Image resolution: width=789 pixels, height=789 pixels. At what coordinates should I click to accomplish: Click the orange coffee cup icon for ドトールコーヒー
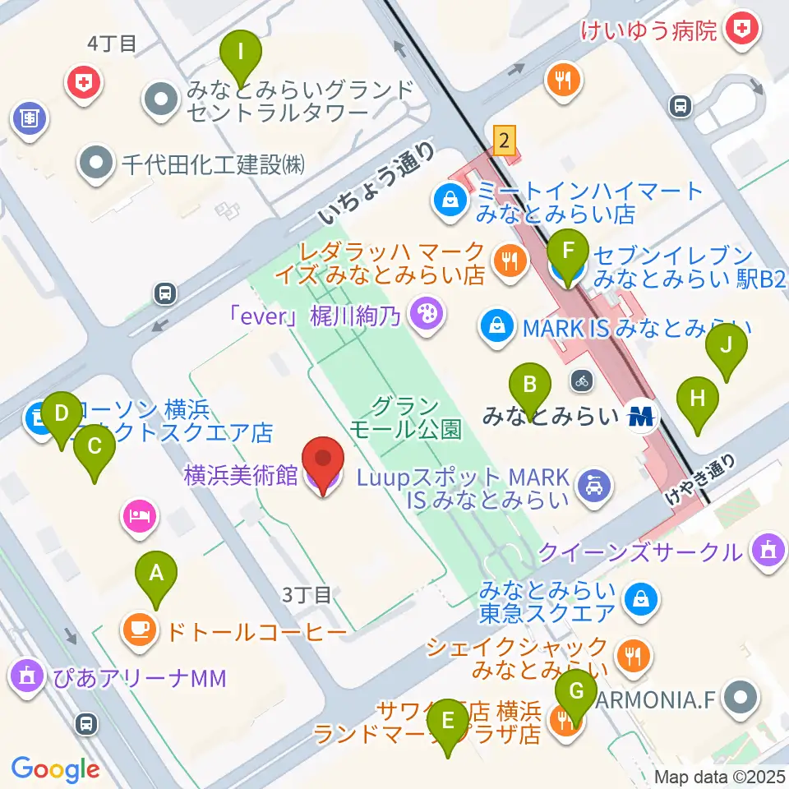139,631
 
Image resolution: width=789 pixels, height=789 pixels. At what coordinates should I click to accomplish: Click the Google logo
55,768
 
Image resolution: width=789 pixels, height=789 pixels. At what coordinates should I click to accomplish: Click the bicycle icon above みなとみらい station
582,380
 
